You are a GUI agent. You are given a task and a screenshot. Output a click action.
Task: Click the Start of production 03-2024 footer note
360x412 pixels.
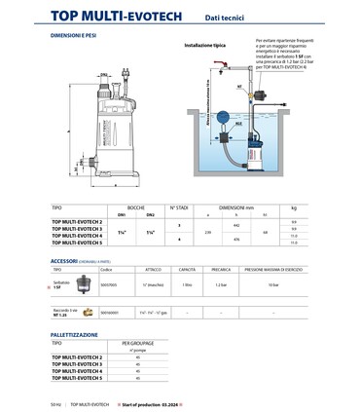pyautogui.click(x=158, y=401)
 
